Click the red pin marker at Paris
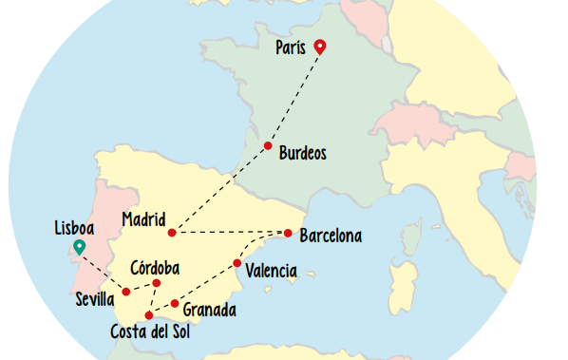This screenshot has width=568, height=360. tap(320, 46)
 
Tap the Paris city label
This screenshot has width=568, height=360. tap(291, 48)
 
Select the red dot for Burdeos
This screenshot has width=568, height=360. tap(268, 145)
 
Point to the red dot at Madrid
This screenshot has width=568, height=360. tap(172, 233)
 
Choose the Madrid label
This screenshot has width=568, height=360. tap(143, 219)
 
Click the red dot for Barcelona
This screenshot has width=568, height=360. tap(288, 233)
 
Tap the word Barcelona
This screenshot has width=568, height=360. tap(330, 236)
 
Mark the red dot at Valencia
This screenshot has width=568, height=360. tap(237, 263)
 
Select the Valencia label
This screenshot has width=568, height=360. tap(271, 272)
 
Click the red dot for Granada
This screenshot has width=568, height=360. tap(175, 304)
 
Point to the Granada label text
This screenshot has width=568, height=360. tap(209, 310)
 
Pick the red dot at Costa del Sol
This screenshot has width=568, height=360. tap(148, 315)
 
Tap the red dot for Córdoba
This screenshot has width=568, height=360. tap(157, 283)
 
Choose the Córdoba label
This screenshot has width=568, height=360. tap(155, 267)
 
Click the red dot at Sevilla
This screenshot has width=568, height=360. tap(126, 292)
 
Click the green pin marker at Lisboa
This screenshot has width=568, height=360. tap(79, 248)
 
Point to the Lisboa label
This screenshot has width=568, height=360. tap(74, 229)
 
